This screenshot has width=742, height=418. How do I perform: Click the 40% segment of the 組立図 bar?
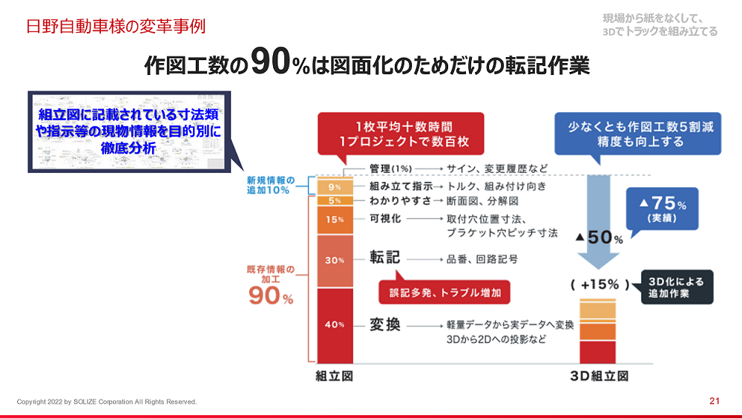[x=335, y=326]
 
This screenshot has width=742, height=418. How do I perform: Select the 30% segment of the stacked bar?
[x=335, y=261]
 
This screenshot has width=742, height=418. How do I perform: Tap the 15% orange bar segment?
[x=335, y=220]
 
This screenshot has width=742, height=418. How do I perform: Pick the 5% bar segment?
[x=335, y=200]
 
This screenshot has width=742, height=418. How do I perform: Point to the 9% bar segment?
[x=335, y=187]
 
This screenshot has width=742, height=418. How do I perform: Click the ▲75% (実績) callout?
[x=663, y=209]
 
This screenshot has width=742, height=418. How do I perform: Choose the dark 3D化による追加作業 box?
[x=677, y=287]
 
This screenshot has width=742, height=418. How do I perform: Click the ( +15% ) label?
[x=600, y=284]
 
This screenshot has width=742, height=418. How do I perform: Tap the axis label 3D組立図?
[x=599, y=376]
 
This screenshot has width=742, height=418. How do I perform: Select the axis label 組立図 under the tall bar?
[x=335, y=376]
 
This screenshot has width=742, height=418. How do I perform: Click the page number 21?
[x=715, y=401]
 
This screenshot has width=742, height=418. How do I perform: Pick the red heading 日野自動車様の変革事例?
[x=116, y=26]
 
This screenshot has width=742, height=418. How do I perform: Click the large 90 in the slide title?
[x=270, y=61]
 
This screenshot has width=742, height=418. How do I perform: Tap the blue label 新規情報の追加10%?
[x=270, y=185]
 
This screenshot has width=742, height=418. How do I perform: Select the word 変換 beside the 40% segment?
[x=384, y=324]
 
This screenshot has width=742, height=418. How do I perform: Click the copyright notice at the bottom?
[x=107, y=402]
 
